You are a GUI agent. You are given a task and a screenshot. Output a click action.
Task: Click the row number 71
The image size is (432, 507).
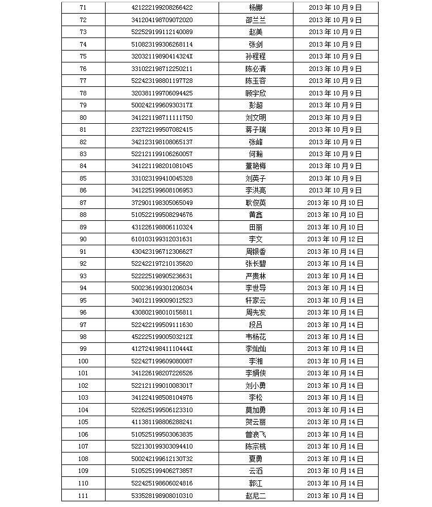click(x=83, y=8)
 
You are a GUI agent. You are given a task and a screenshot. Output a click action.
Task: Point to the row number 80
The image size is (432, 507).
click(x=83, y=118)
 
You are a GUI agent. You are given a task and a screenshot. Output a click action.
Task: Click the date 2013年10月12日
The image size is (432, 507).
click(x=335, y=240)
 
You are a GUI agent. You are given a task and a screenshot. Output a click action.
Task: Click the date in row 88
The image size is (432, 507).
click(x=335, y=215)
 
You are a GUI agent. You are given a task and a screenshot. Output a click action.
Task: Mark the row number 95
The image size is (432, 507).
click(x=83, y=300)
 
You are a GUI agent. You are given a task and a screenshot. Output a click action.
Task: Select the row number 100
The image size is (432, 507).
click(x=83, y=361)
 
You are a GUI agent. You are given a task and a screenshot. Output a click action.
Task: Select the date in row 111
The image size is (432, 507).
click(x=335, y=496)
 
